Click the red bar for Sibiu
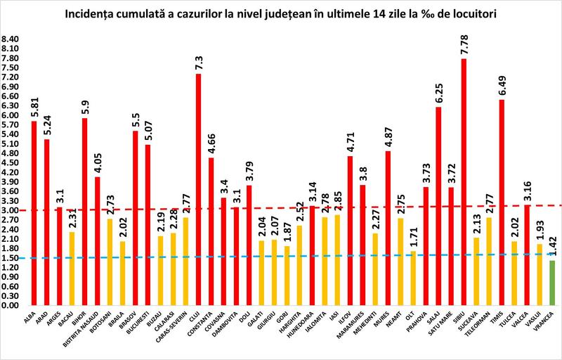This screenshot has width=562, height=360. (x=464, y=183)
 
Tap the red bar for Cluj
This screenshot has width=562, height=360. (x=198, y=190)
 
